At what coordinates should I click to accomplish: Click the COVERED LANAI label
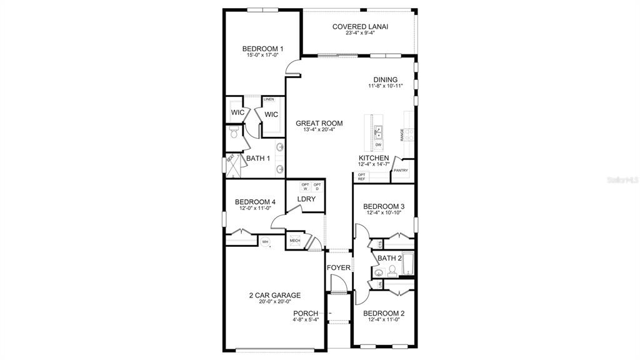coord(360,26)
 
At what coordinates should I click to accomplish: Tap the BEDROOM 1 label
coord(263,48)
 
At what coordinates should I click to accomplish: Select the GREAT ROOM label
coord(319,123)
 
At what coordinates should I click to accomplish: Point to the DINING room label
coord(386,79)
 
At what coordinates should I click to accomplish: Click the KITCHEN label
coord(374,158)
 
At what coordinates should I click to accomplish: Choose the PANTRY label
coord(401,170)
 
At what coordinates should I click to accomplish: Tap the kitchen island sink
coord(379,131)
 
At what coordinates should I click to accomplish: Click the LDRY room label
coord(306,199)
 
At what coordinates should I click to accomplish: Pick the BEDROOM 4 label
coord(255,201)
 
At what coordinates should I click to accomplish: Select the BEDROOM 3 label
coord(384,206)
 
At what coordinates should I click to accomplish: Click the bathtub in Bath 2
coord(407,264)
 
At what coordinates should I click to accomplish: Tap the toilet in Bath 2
coord(392,270)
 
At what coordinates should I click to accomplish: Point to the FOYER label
coord(339,267)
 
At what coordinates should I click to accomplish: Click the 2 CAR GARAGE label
coord(275,295)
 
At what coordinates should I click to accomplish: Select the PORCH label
coord(306,313)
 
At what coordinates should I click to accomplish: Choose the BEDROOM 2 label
coord(384,313)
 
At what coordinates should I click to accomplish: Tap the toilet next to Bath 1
coord(233,132)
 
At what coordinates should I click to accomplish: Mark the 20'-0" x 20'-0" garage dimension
coord(275,302)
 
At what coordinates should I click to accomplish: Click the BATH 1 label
coord(258,158)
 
